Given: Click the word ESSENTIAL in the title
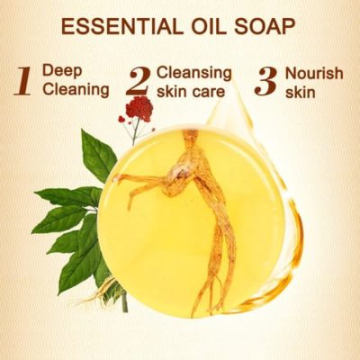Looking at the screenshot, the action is (122, 26).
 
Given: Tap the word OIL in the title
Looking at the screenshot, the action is (209, 26).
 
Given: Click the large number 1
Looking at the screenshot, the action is (22, 81).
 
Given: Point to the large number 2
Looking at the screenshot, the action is (138, 80).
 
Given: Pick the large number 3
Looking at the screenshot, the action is (265, 81).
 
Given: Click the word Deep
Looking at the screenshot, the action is (62, 72).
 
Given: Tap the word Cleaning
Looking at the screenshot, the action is (76, 89).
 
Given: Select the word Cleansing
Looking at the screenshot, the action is (194, 73).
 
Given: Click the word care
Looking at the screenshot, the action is (206, 91).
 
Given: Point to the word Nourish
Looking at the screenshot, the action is (314, 74).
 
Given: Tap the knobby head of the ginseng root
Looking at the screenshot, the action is (179, 174).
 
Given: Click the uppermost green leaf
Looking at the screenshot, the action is (98, 152).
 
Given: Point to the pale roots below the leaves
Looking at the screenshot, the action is (105, 290).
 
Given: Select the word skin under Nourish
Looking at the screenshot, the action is (300, 92).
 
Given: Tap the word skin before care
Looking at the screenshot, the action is (169, 91).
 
